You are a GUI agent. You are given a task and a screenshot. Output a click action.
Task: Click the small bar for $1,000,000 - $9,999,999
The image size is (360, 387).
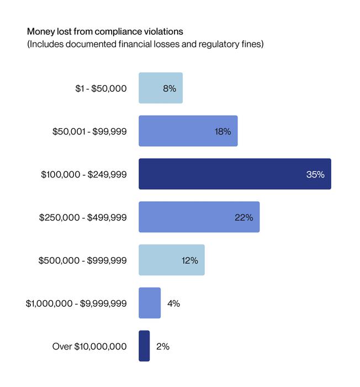click(150, 303)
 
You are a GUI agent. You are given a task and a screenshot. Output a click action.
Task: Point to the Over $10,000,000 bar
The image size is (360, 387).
click(144, 346)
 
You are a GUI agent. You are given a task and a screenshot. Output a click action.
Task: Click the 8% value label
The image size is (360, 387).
click(170, 88)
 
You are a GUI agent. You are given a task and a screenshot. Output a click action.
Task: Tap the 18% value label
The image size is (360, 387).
click(223, 131)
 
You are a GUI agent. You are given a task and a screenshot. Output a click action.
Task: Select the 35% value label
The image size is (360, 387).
click(315, 174)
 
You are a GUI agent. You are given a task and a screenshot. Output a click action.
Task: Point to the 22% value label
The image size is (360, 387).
click(243, 217)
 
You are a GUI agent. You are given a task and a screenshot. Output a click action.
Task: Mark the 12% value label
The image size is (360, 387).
click(189, 260)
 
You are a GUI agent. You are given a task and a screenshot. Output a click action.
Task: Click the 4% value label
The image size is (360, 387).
click(173, 304)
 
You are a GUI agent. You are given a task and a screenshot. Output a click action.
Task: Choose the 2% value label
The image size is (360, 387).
click(162, 347)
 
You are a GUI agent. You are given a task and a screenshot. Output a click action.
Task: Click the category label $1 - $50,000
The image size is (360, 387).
click(101, 88)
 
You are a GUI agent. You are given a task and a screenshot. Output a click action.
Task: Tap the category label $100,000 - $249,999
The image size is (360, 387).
click(84, 174)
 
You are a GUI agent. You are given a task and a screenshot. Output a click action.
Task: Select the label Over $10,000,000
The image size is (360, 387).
click(89, 347)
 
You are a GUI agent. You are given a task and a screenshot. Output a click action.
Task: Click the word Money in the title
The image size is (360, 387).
click(39, 31)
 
